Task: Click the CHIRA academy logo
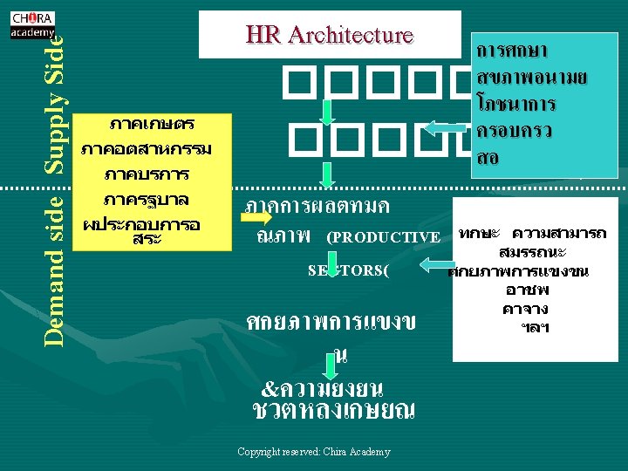click(32, 24)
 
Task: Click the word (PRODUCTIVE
click(383, 237)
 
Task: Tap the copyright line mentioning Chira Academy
click(313, 452)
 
